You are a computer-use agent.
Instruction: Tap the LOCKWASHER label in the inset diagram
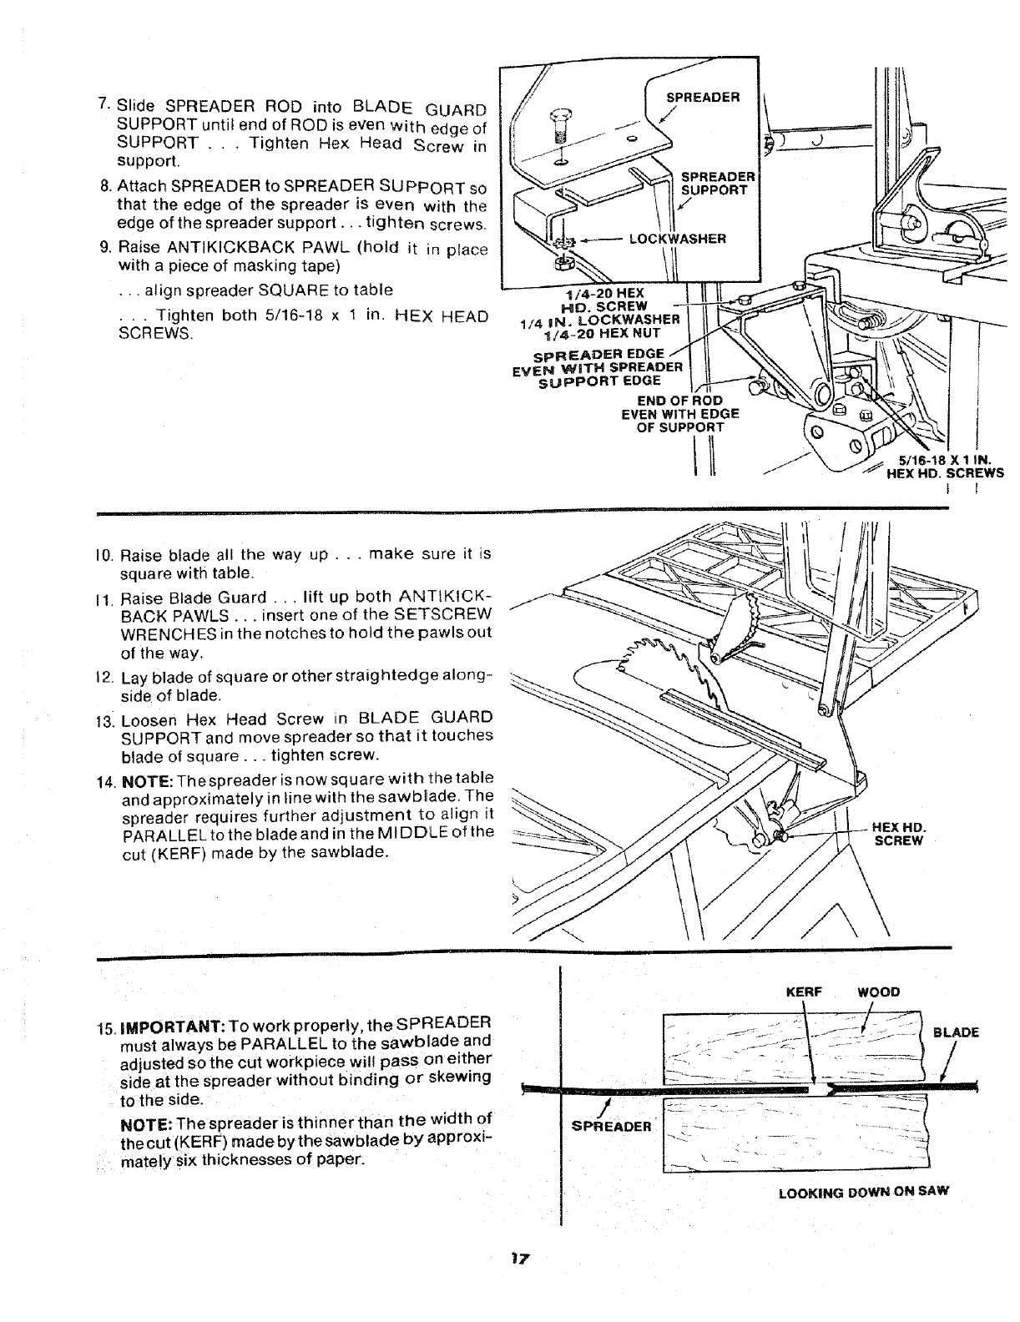(x=677, y=239)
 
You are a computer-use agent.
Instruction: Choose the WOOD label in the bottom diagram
(x=879, y=992)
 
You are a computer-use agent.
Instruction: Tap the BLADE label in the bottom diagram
(x=956, y=1032)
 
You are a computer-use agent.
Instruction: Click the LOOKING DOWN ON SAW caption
(x=863, y=1192)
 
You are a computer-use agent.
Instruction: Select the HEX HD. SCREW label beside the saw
(x=898, y=834)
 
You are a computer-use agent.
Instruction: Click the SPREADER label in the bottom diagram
(x=610, y=1126)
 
